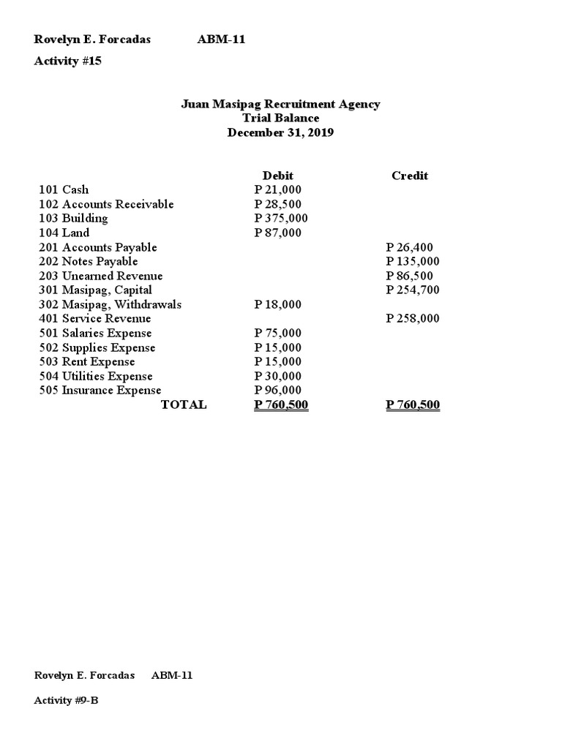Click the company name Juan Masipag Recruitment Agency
[280, 104]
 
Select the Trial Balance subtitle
[280, 118]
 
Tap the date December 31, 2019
[280, 132]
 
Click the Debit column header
[277, 176]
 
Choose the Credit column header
[410, 176]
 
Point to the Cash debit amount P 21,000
[277, 189]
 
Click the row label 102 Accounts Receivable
[106, 204]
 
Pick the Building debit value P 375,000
[281, 218]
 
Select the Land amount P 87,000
[277, 233]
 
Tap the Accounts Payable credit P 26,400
[410, 247]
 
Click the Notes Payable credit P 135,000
[413, 261]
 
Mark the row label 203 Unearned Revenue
[101, 276]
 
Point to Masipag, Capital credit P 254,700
[413, 290]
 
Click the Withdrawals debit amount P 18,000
[277, 304]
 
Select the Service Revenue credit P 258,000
[413, 318]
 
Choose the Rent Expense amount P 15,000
[277, 361]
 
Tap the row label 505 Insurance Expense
[100, 390]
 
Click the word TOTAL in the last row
[184, 404]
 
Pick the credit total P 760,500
[413, 404]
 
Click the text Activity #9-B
[67, 700]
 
